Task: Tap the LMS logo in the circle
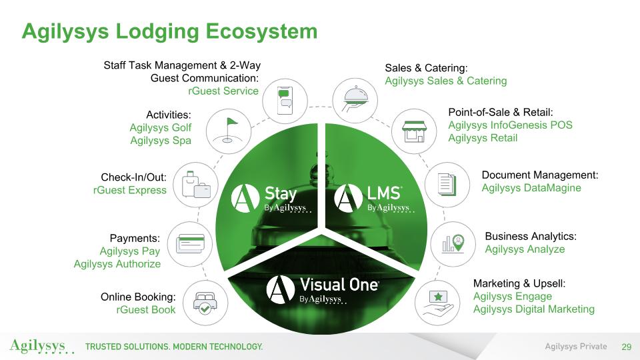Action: pyautogui.click(x=373, y=198)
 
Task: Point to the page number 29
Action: pyautogui.click(x=626, y=347)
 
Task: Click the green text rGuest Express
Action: pyautogui.click(x=130, y=190)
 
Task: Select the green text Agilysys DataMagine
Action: pyautogui.click(x=531, y=188)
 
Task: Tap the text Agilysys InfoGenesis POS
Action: pyautogui.click(x=510, y=125)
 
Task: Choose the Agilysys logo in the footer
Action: pyautogui.click(x=38, y=347)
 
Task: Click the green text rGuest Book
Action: pyautogui.click(x=146, y=309)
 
